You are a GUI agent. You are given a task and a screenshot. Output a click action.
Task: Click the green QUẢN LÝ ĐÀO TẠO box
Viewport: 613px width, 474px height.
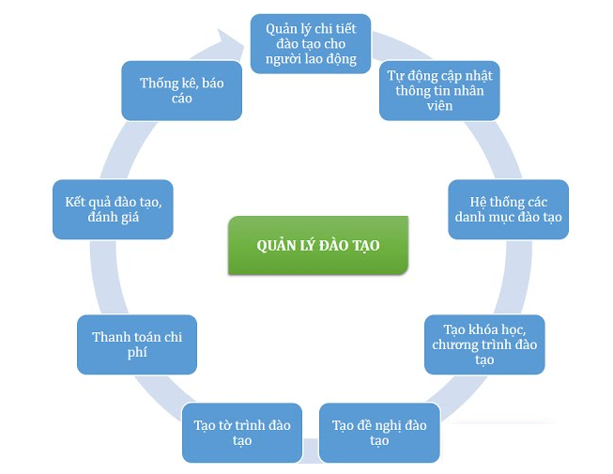[x=318, y=245]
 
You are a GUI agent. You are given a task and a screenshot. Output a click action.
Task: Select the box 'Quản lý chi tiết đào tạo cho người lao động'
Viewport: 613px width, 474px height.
[x=310, y=42]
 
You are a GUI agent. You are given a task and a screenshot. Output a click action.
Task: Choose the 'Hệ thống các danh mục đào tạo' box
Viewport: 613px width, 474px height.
[x=508, y=208]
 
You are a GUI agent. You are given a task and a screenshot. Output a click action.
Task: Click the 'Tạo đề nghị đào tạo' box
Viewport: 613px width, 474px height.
[x=379, y=433]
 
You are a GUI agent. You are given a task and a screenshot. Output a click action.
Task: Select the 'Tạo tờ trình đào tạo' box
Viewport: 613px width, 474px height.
[x=242, y=433]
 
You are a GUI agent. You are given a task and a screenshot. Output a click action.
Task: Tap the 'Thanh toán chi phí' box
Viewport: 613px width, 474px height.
[x=137, y=344]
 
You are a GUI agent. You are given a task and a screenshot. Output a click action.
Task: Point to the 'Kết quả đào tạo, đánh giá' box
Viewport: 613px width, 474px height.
[x=113, y=208]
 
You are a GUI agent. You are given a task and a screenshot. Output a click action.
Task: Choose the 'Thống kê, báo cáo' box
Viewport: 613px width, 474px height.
[x=182, y=90]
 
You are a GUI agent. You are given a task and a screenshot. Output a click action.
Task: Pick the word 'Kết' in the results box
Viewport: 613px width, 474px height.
[x=75, y=201]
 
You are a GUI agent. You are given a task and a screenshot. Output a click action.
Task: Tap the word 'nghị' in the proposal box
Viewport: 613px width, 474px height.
[x=390, y=425]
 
